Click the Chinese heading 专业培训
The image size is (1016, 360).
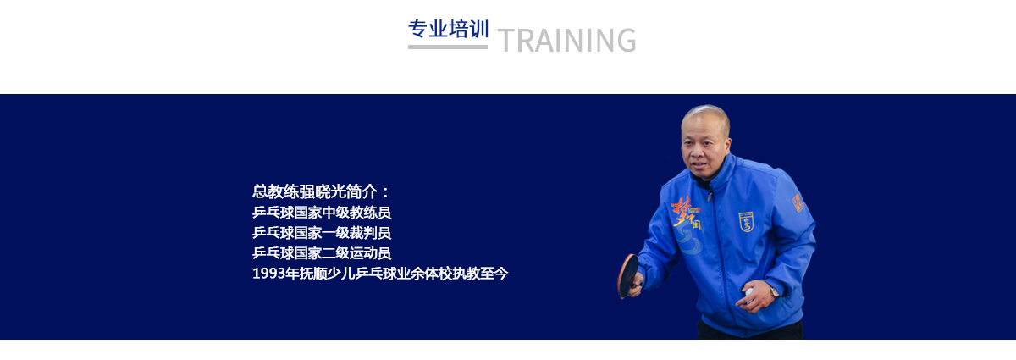pyautogui.click(x=448, y=29)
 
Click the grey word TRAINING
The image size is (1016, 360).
pyautogui.click(x=567, y=41)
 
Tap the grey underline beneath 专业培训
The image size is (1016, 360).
pyautogui.click(x=448, y=47)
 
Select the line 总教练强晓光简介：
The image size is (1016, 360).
pyautogui.click(x=321, y=192)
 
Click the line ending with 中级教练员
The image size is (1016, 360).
pyautogui.click(x=322, y=213)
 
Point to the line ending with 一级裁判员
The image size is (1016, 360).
pyautogui.click(x=322, y=233)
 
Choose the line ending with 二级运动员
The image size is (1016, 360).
pyautogui.click(x=322, y=253)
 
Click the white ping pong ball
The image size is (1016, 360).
pyautogui.click(x=748, y=292)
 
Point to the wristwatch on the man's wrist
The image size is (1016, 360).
pyautogui.click(x=774, y=291)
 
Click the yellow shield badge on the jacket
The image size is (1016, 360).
pyautogui.click(x=746, y=222)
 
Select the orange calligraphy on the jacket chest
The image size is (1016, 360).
pyautogui.click(x=685, y=213)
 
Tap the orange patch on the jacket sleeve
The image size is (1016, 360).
pyautogui.click(x=798, y=202)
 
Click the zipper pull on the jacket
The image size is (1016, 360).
pyautogui.click(x=710, y=197)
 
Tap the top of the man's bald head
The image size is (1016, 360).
pyautogui.click(x=704, y=108)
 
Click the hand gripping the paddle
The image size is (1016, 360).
pyautogui.click(x=636, y=285)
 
